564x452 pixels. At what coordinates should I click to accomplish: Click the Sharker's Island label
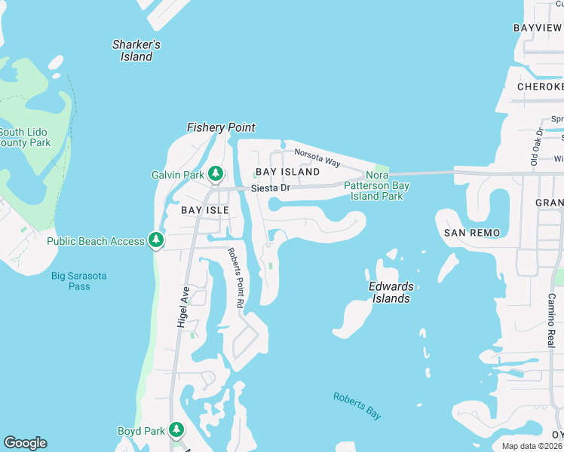[x=136, y=50]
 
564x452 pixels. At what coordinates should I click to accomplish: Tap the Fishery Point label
[x=221, y=127]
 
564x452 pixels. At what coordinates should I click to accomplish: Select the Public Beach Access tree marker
[x=156, y=241]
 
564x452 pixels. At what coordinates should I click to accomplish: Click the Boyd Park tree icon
[x=176, y=431]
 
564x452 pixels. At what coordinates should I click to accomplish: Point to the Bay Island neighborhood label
[x=287, y=172]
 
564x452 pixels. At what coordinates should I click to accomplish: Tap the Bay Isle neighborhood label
[x=204, y=210]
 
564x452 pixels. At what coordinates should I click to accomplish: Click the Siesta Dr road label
[x=271, y=188]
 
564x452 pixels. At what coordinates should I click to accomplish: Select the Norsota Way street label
[x=317, y=158]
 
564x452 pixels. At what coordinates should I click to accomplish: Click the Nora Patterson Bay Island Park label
[x=377, y=185]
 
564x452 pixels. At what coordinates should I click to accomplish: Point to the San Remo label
[x=472, y=233]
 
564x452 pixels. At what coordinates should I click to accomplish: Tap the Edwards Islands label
[x=391, y=292]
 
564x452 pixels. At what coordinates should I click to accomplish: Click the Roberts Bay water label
[x=357, y=405]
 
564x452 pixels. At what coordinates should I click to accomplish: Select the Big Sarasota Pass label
[x=79, y=281]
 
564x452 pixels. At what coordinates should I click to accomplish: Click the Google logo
[x=25, y=443]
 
